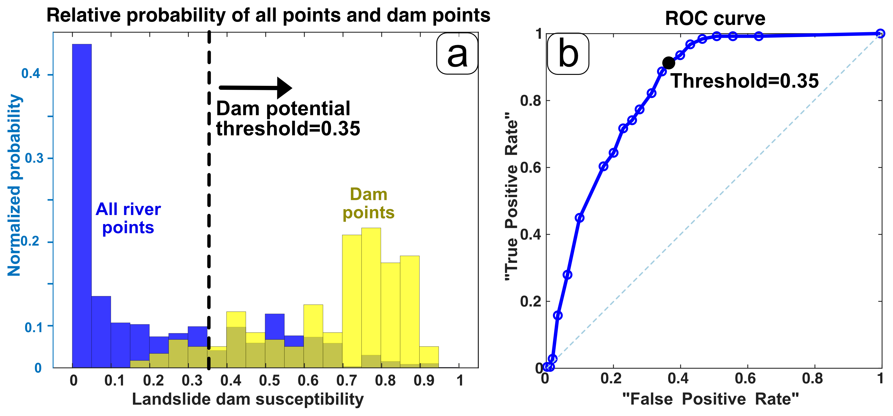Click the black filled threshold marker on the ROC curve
[668, 63]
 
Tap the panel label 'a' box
[457, 54]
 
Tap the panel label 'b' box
[568, 54]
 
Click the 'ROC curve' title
[715, 18]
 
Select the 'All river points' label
[128, 218]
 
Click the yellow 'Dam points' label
[369, 204]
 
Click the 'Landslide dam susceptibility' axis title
[248, 399]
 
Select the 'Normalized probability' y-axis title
[15, 186]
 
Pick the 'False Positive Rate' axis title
[710, 399]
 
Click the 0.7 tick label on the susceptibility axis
[346, 381]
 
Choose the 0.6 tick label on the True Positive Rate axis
[530, 168]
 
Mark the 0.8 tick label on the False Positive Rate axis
[812, 378]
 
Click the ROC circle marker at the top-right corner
[880, 34]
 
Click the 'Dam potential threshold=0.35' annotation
[288, 118]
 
